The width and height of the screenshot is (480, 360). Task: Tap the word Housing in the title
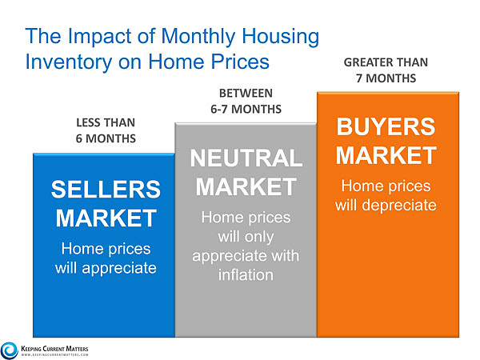click(x=281, y=37)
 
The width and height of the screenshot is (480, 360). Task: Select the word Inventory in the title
click(x=69, y=62)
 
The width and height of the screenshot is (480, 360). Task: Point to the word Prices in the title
click(x=240, y=62)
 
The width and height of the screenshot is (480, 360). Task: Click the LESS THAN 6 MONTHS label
click(x=106, y=130)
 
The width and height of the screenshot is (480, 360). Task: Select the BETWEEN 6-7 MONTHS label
click(x=246, y=101)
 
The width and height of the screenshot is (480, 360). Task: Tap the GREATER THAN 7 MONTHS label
click(x=386, y=70)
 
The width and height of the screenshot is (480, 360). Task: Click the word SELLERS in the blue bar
click(x=106, y=189)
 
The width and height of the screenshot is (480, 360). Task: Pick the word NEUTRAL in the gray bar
click(x=246, y=158)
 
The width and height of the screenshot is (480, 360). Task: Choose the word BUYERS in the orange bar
click(x=386, y=126)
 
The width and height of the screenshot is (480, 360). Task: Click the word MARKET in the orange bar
click(x=386, y=155)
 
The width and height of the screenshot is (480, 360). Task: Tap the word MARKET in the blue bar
click(x=106, y=218)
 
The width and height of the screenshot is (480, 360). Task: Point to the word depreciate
click(x=399, y=205)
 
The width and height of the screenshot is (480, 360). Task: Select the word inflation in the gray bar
click(x=246, y=275)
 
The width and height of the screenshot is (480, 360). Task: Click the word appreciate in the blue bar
click(x=119, y=269)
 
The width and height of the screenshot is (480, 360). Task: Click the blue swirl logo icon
click(x=9, y=350)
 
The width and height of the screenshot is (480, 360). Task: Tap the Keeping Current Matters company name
click(x=54, y=349)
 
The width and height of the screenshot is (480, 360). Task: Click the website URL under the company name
click(x=54, y=354)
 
